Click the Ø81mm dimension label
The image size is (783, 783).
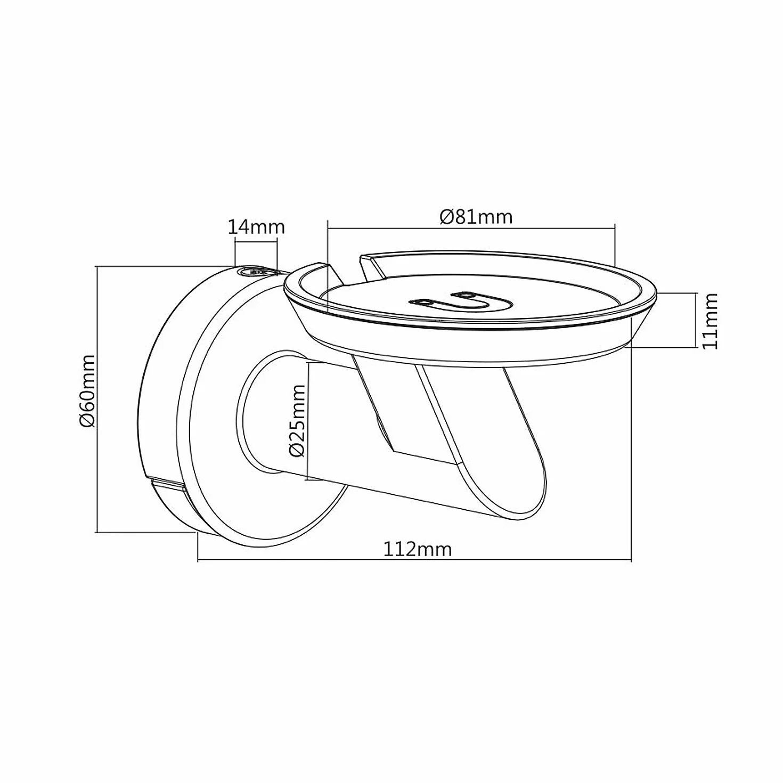pyautogui.click(x=476, y=217)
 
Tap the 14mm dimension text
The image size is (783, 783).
pyautogui.click(x=256, y=227)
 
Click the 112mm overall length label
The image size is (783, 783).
pyautogui.click(x=418, y=550)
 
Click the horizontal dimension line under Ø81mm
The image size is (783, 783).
pyautogui.click(x=471, y=229)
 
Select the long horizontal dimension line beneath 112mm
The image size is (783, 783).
pyautogui.click(x=414, y=561)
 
